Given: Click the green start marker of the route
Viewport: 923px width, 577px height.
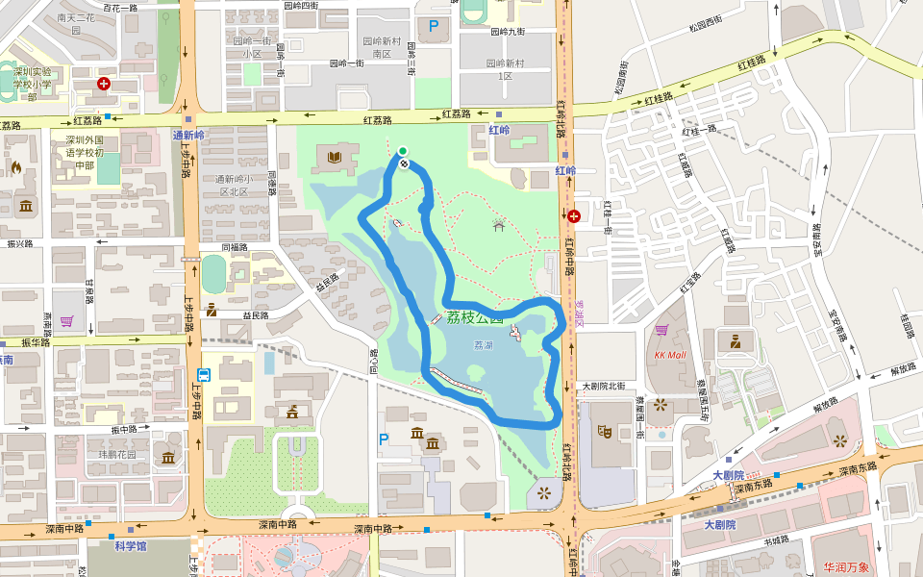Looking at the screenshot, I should point(403,150).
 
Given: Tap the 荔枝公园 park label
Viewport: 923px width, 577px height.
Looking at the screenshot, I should point(474,318).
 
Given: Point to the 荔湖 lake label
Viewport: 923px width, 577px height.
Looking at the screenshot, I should point(484,344).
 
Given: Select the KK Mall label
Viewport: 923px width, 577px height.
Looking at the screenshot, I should point(670,354).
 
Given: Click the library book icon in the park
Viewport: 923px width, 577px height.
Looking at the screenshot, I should point(335,157).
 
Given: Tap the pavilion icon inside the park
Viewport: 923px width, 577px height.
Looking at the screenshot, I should point(498,225).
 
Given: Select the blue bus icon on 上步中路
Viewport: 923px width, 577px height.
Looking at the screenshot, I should point(204,375).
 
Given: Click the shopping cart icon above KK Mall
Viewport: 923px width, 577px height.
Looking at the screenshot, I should point(661,330).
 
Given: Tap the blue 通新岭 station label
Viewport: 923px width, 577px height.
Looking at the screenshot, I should point(188,136).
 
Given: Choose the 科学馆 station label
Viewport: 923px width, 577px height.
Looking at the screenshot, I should point(130,546).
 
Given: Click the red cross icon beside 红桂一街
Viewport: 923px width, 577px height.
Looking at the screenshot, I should point(574,215).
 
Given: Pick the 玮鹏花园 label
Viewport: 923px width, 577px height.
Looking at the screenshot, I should point(118,454).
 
